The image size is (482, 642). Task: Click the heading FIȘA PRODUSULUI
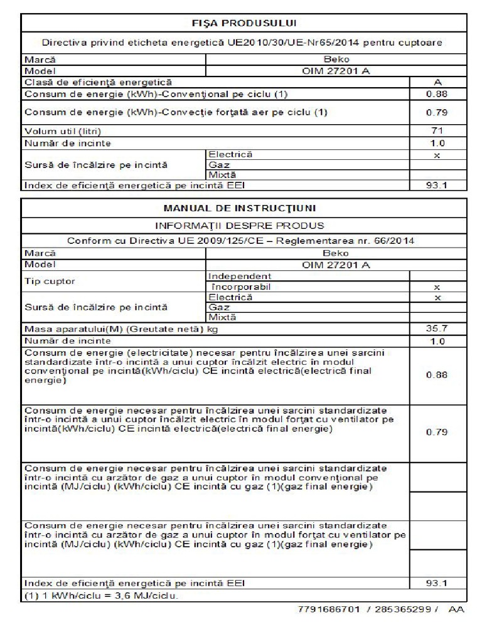click(244, 23)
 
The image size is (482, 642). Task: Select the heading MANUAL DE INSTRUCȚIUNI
click(244, 208)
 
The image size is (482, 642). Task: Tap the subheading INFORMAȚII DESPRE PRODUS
click(244, 224)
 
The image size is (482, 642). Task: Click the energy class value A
click(437, 82)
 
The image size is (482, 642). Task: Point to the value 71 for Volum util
click(437, 131)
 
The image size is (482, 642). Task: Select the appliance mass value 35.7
click(437, 329)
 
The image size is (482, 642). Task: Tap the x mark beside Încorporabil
click(437, 287)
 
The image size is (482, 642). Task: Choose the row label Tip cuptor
click(50, 282)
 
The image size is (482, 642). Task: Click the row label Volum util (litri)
click(63, 131)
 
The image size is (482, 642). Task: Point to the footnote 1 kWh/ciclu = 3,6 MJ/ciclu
click(100, 595)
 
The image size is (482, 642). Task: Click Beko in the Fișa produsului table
click(336, 60)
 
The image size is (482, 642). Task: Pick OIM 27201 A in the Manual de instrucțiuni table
click(336, 265)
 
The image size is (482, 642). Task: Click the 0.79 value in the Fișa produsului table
click(437, 113)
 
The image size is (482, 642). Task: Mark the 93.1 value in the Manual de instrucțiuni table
click(437, 583)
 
